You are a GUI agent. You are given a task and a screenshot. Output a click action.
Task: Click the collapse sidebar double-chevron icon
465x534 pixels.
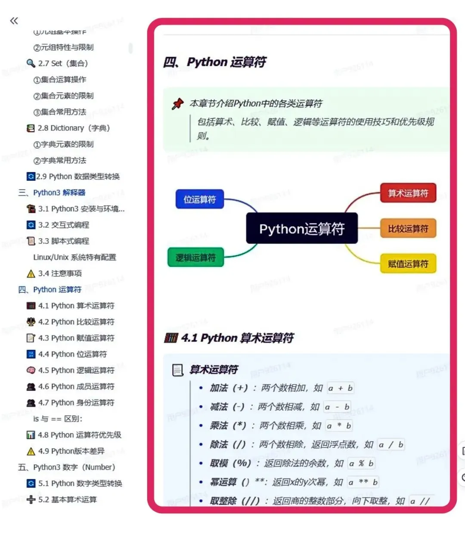tap(14, 21)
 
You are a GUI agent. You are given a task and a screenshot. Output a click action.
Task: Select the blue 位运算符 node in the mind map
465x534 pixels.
tap(200, 199)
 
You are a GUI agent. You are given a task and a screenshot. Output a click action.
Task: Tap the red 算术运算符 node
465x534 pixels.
tap(408, 193)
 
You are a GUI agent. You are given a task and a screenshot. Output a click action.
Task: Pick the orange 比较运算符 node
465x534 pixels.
tap(408, 229)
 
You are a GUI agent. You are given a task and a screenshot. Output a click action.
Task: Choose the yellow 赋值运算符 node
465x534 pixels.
tap(408, 264)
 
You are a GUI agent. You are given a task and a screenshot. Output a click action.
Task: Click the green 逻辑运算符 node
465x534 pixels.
tap(195, 258)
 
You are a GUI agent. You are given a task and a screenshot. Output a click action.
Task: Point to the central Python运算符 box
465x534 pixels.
tap(301, 229)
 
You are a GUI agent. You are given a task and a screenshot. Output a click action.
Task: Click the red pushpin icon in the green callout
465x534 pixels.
tap(177, 104)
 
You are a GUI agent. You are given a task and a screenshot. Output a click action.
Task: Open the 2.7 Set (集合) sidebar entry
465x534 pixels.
tap(63, 63)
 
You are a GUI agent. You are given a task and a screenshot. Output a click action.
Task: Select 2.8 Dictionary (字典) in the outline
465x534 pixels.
tap(74, 128)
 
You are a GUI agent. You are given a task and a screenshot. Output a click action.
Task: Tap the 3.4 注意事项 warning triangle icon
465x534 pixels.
tap(31, 273)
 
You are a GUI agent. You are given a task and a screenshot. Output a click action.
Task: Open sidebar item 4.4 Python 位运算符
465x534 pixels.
tap(72, 354)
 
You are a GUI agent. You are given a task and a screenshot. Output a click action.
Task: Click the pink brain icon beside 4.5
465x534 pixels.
tap(31, 370)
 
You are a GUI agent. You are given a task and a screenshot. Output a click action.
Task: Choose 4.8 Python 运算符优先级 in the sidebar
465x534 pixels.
tap(79, 435)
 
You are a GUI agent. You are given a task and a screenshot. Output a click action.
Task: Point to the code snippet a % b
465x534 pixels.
tap(361, 463)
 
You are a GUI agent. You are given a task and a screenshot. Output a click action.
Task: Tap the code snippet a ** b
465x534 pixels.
tap(363, 482)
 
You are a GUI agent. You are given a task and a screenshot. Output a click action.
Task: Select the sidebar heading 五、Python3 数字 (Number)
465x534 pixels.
tap(66, 467)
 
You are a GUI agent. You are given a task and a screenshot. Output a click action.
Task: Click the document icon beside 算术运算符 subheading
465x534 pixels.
tap(177, 370)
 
